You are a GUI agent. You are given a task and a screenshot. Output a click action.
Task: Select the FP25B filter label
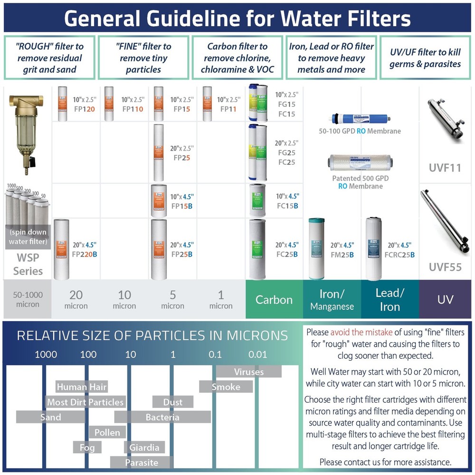pos(182,254)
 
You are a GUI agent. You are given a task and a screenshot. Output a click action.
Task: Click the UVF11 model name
pos(445,167)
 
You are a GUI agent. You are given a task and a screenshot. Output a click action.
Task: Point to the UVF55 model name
pos(445,267)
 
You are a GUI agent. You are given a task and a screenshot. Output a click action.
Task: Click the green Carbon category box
pos(274,299)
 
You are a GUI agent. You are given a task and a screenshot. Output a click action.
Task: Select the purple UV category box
pos(445,299)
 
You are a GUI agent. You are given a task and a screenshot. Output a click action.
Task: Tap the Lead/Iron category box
pos(389,299)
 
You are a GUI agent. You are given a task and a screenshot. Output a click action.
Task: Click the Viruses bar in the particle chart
pos(249,371)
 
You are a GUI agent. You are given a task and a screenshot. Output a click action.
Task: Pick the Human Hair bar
pos(82,387)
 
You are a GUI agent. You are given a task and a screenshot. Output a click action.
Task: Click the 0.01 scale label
pos(257,354)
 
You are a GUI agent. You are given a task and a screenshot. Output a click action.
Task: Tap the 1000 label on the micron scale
pos(46,354)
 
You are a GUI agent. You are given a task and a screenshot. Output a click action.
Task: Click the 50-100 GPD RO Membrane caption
pos(360,131)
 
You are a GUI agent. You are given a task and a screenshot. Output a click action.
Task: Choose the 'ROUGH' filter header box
pos(49,58)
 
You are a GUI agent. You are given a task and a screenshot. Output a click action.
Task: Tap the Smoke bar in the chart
pos(226,387)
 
